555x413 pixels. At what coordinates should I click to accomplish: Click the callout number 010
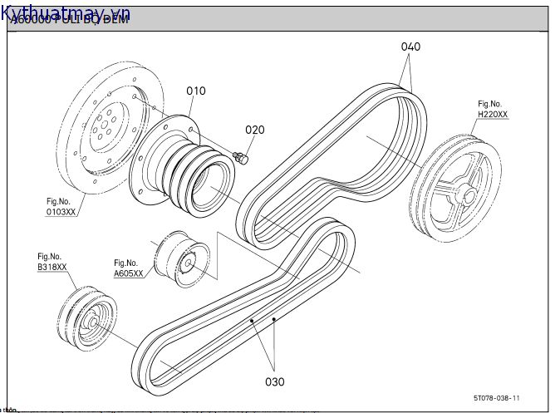(x=195, y=91)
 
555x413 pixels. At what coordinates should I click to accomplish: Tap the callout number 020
(x=255, y=130)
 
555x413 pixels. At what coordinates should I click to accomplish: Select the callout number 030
(x=274, y=381)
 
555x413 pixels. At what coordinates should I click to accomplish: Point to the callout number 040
(x=410, y=47)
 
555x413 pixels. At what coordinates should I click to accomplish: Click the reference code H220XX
(x=492, y=115)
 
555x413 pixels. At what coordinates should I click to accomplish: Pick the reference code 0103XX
(x=60, y=212)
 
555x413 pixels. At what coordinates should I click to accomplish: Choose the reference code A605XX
(x=128, y=273)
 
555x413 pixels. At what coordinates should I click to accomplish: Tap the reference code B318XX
(x=52, y=268)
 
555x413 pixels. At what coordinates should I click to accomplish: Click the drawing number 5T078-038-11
(x=497, y=398)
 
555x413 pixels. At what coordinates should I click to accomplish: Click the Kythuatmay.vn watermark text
(x=66, y=14)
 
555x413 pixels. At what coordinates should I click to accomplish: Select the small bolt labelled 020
(x=242, y=156)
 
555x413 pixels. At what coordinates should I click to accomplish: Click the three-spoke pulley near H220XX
(x=455, y=189)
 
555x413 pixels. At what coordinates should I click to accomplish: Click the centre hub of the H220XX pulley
(x=467, y=196)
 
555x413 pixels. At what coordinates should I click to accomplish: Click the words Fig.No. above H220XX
(x=489, y=104)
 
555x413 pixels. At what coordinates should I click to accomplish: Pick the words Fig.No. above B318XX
(x=49, y=257)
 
